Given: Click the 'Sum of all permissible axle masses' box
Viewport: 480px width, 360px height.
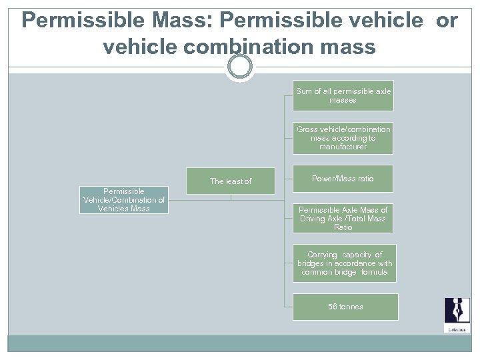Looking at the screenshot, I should [343, 95].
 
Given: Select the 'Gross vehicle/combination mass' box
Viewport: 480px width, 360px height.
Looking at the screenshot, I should [343, 138].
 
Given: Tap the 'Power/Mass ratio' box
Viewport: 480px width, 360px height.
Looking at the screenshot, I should [343, 179].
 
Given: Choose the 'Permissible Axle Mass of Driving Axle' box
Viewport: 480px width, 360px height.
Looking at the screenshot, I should [343, 219].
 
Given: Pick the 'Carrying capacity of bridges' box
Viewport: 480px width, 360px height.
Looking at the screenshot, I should [344, 263].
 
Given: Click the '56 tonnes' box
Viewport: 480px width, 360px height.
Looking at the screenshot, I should [345, 307].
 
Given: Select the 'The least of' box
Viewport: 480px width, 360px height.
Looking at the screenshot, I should [231, 181].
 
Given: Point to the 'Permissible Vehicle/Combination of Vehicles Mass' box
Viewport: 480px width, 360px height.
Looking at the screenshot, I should [124, 200].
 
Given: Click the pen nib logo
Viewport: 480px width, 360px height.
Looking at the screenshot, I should [457, 313].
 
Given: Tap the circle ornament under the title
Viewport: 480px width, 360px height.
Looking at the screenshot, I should [239, 67].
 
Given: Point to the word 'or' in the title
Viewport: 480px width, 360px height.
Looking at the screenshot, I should [447, 21].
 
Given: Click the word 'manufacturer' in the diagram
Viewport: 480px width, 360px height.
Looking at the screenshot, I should [343, 147].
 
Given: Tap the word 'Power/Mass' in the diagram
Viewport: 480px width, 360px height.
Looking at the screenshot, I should [333, 179].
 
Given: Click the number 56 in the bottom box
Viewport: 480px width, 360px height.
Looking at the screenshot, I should [333, 307].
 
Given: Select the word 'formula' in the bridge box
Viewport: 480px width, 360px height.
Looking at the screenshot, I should [374, 272].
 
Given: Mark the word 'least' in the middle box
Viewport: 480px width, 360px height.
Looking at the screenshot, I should [235, 181].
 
